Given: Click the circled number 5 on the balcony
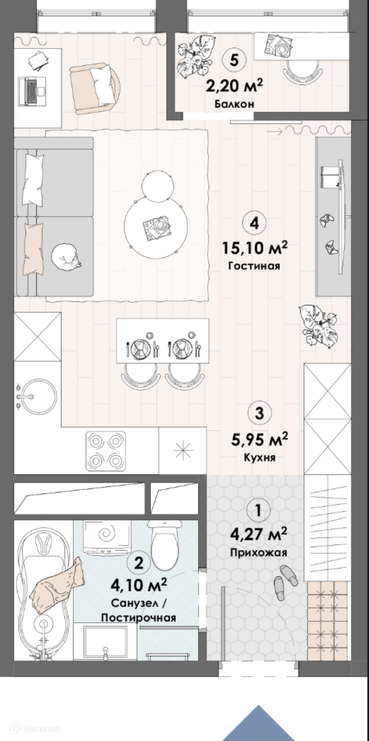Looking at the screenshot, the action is [x=234, y=60].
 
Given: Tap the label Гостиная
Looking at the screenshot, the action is [x=254, y=266].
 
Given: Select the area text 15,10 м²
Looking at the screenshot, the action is [x=255, y=248].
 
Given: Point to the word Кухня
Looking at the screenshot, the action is [x=260, y=457].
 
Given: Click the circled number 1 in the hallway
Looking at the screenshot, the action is [x=258, y=510].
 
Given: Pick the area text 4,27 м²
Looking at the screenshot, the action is [x=258, y=534].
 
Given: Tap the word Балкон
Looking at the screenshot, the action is [x=234, y=104].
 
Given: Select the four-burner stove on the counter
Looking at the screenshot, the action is [x=106, y=450].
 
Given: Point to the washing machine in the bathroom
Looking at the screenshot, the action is [x=105, y=537].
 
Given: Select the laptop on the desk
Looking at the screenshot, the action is [x=32, y=91].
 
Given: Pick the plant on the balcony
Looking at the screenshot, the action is [x=194, y=56].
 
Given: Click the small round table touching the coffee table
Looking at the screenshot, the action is [x=158, y=186].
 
